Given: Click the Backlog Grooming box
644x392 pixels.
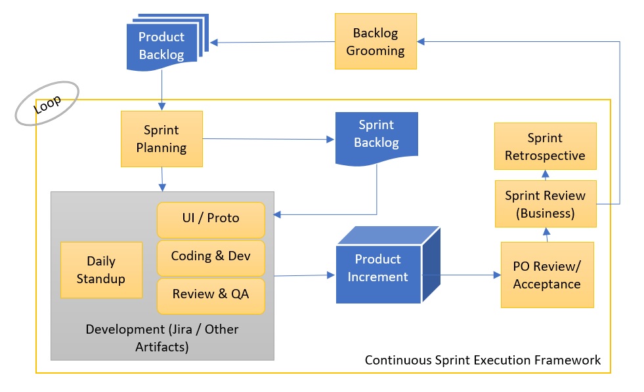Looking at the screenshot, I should [x=375, y=42].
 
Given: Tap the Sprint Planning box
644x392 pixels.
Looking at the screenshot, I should [x=161, y=138].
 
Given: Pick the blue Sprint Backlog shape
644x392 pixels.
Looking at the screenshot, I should [x=376, y=134].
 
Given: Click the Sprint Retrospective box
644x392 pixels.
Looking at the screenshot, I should [x=545, y=147].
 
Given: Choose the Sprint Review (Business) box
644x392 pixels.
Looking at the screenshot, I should [x=545, y=203].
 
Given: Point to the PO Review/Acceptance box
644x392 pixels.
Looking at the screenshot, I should [x=547, y=275].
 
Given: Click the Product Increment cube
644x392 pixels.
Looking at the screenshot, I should [x=378, y=269].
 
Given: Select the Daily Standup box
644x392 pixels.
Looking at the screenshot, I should [x=101, y=269].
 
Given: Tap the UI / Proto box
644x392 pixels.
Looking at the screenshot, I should [x=210, y=219].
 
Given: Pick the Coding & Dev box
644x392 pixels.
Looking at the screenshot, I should [x=210, y=256].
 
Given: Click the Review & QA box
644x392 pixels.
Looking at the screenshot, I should [x=210, y=294].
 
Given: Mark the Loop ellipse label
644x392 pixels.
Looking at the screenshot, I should [x=47, y=103].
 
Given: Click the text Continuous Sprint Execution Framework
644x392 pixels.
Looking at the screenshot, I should [x=483, y=360].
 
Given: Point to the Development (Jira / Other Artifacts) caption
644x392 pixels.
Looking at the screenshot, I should [x=162, y=338].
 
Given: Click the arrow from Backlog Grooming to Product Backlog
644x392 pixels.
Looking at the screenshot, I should [x=272, y=43].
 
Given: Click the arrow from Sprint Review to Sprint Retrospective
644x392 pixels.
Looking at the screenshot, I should [x=544, y=174].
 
